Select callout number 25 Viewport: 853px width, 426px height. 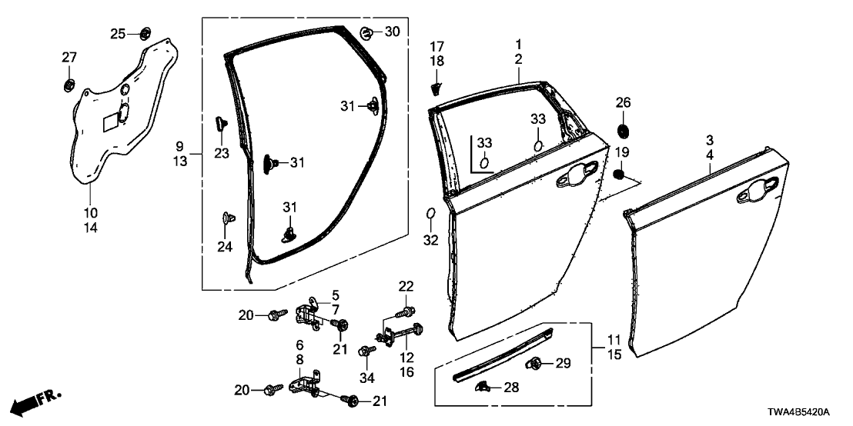[117, 33]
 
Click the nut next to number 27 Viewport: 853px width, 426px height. [69, 82]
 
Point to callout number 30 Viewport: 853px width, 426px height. [392, 32]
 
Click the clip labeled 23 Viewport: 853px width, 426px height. [220, 123]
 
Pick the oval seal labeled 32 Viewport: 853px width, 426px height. [431, 213]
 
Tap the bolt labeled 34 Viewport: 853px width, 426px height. [364, 350]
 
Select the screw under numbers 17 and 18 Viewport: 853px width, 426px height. [436, 84]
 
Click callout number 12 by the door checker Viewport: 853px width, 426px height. [406, 358]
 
